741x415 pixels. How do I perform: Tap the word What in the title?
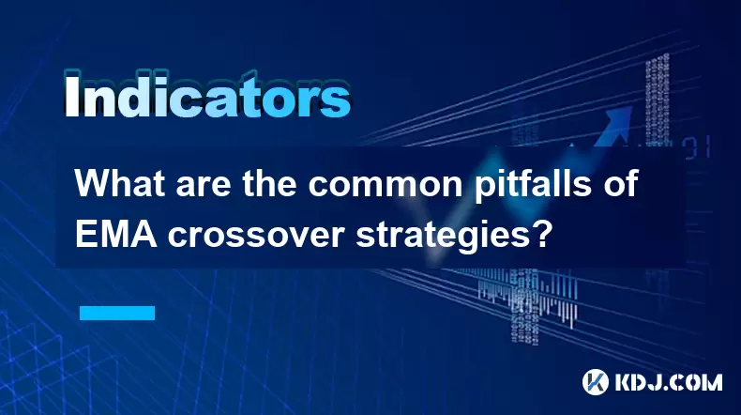120,184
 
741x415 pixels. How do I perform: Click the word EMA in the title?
116,234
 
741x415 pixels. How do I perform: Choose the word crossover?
255,237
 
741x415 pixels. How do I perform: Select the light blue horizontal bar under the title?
117,313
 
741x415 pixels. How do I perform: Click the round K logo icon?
596,382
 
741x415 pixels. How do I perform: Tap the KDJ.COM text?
669,382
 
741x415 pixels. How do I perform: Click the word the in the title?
269,184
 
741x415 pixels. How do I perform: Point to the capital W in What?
92,184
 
